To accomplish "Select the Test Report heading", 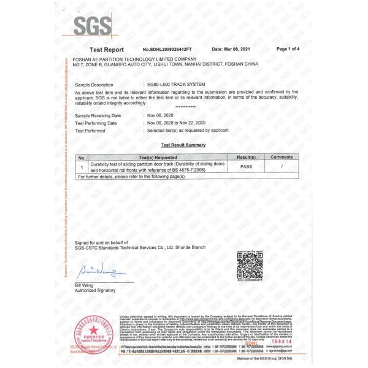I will tap(107, 49).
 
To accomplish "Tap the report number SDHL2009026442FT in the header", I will tap(167, 49).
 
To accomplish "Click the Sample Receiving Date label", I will tap(98, 115).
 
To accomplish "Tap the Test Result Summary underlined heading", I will tap(183, 145).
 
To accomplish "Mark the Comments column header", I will tap(282, 158).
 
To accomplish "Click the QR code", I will tap(250, 267).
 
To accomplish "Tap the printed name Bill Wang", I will tap(85, 285).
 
